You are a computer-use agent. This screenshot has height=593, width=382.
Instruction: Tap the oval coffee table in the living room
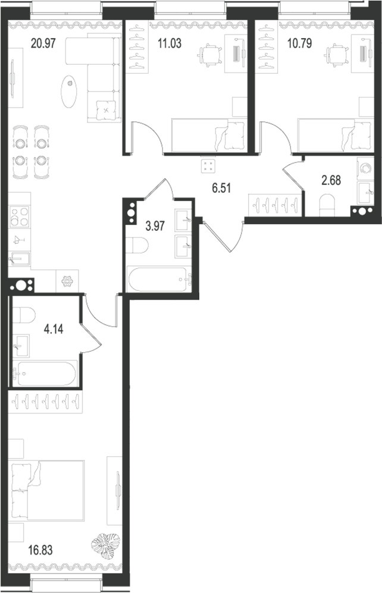[x=70, y=90]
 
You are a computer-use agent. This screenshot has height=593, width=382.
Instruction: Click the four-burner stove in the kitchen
[x=20, y=217]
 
